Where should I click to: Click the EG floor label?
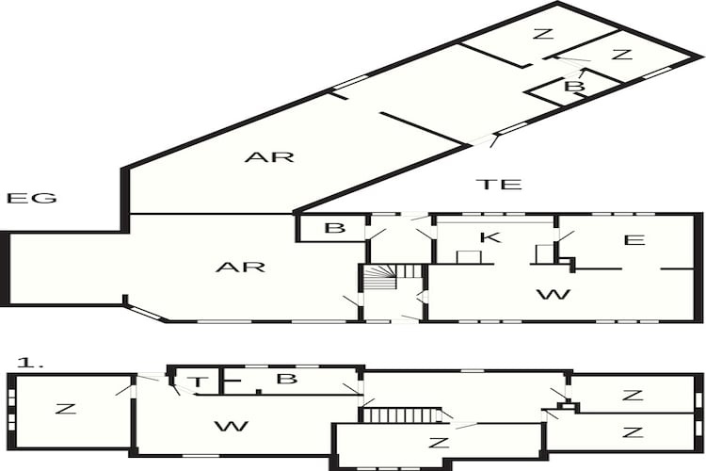point(31,198)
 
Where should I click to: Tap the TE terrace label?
point(499,184)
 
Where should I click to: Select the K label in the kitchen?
point(489,237)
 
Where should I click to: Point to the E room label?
point(634,240)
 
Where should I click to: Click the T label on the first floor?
point(198,382)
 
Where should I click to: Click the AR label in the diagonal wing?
point(269,157)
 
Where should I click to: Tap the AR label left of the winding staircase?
point(240,267)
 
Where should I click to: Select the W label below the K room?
point(554,294)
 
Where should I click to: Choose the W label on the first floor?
point(232,426)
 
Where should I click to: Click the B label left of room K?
point(334,228)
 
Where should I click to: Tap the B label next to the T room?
point(286,379)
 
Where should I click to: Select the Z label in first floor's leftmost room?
point(66,409)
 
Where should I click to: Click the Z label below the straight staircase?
point(439,442)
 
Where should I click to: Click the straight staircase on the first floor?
point(401,415)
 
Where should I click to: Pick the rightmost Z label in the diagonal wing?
point(622,55)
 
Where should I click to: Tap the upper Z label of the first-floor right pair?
point(634,396)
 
